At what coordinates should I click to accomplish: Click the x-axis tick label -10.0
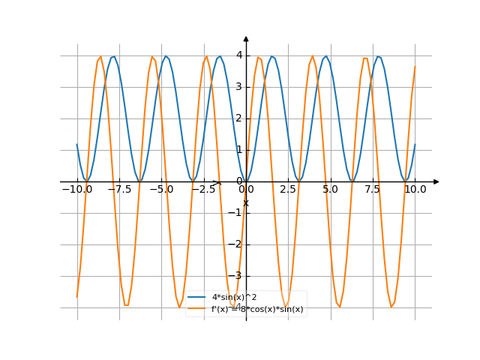point(76,190)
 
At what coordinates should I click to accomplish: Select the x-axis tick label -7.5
point(118,190)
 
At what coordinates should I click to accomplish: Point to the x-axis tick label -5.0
point(160,190)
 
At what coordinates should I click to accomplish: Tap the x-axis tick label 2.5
point(288,190)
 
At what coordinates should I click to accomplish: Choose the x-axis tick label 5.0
point(330,190)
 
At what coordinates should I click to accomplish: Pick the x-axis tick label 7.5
point(373,190)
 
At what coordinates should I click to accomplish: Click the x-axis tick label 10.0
point(415,190)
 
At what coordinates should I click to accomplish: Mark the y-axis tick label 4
point(238,55)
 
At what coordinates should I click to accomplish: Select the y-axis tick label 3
point(238,86)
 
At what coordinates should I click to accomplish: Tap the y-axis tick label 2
point(238,118)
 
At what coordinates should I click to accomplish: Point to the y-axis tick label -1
point(237,213)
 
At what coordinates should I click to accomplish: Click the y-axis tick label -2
point(237,244)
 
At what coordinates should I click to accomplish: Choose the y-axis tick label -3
point(237,276)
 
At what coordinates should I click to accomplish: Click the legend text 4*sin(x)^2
point(235,298)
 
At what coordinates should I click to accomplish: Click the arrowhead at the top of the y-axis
point(246,38)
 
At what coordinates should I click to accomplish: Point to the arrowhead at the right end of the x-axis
point(436,181)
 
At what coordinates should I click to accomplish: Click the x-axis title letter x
point(245,202)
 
